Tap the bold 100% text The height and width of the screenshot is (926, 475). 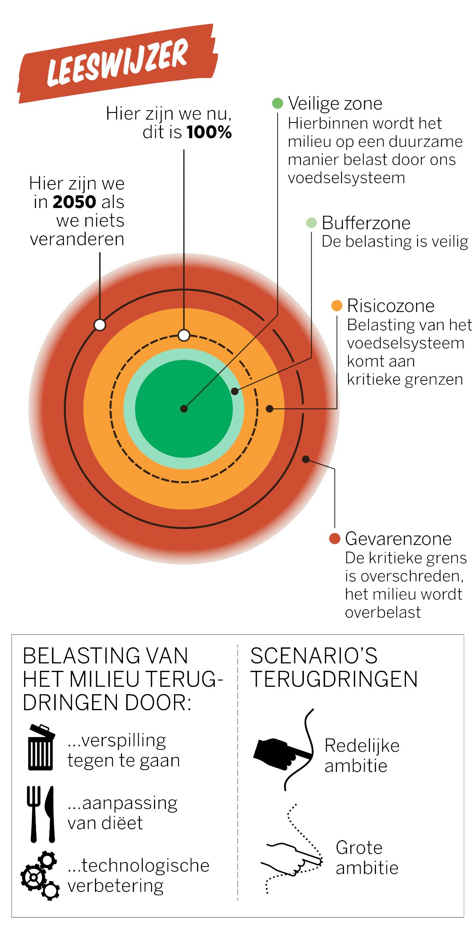[x=209, y=133]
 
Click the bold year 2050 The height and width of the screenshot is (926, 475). [x=75, y=202]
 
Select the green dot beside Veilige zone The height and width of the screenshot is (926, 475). [x=278, y=104]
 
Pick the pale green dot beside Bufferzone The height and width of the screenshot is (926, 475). [x=311, y=223]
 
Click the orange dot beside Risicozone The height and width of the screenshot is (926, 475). [x=337, y=306]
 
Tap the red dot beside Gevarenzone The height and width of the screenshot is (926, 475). [x=335, y=539]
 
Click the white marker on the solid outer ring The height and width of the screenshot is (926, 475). [x=99, y=325]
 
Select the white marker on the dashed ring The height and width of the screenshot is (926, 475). [x=184, y=335]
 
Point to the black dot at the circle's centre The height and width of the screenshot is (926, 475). [x=184, y=409]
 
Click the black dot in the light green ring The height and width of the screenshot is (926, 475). [x=235, y=391]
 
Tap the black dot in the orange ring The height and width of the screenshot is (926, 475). [x=270, y=409]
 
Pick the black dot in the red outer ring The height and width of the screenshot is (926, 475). [x=305, y=459]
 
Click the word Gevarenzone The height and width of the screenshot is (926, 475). [x=398, y=539]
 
